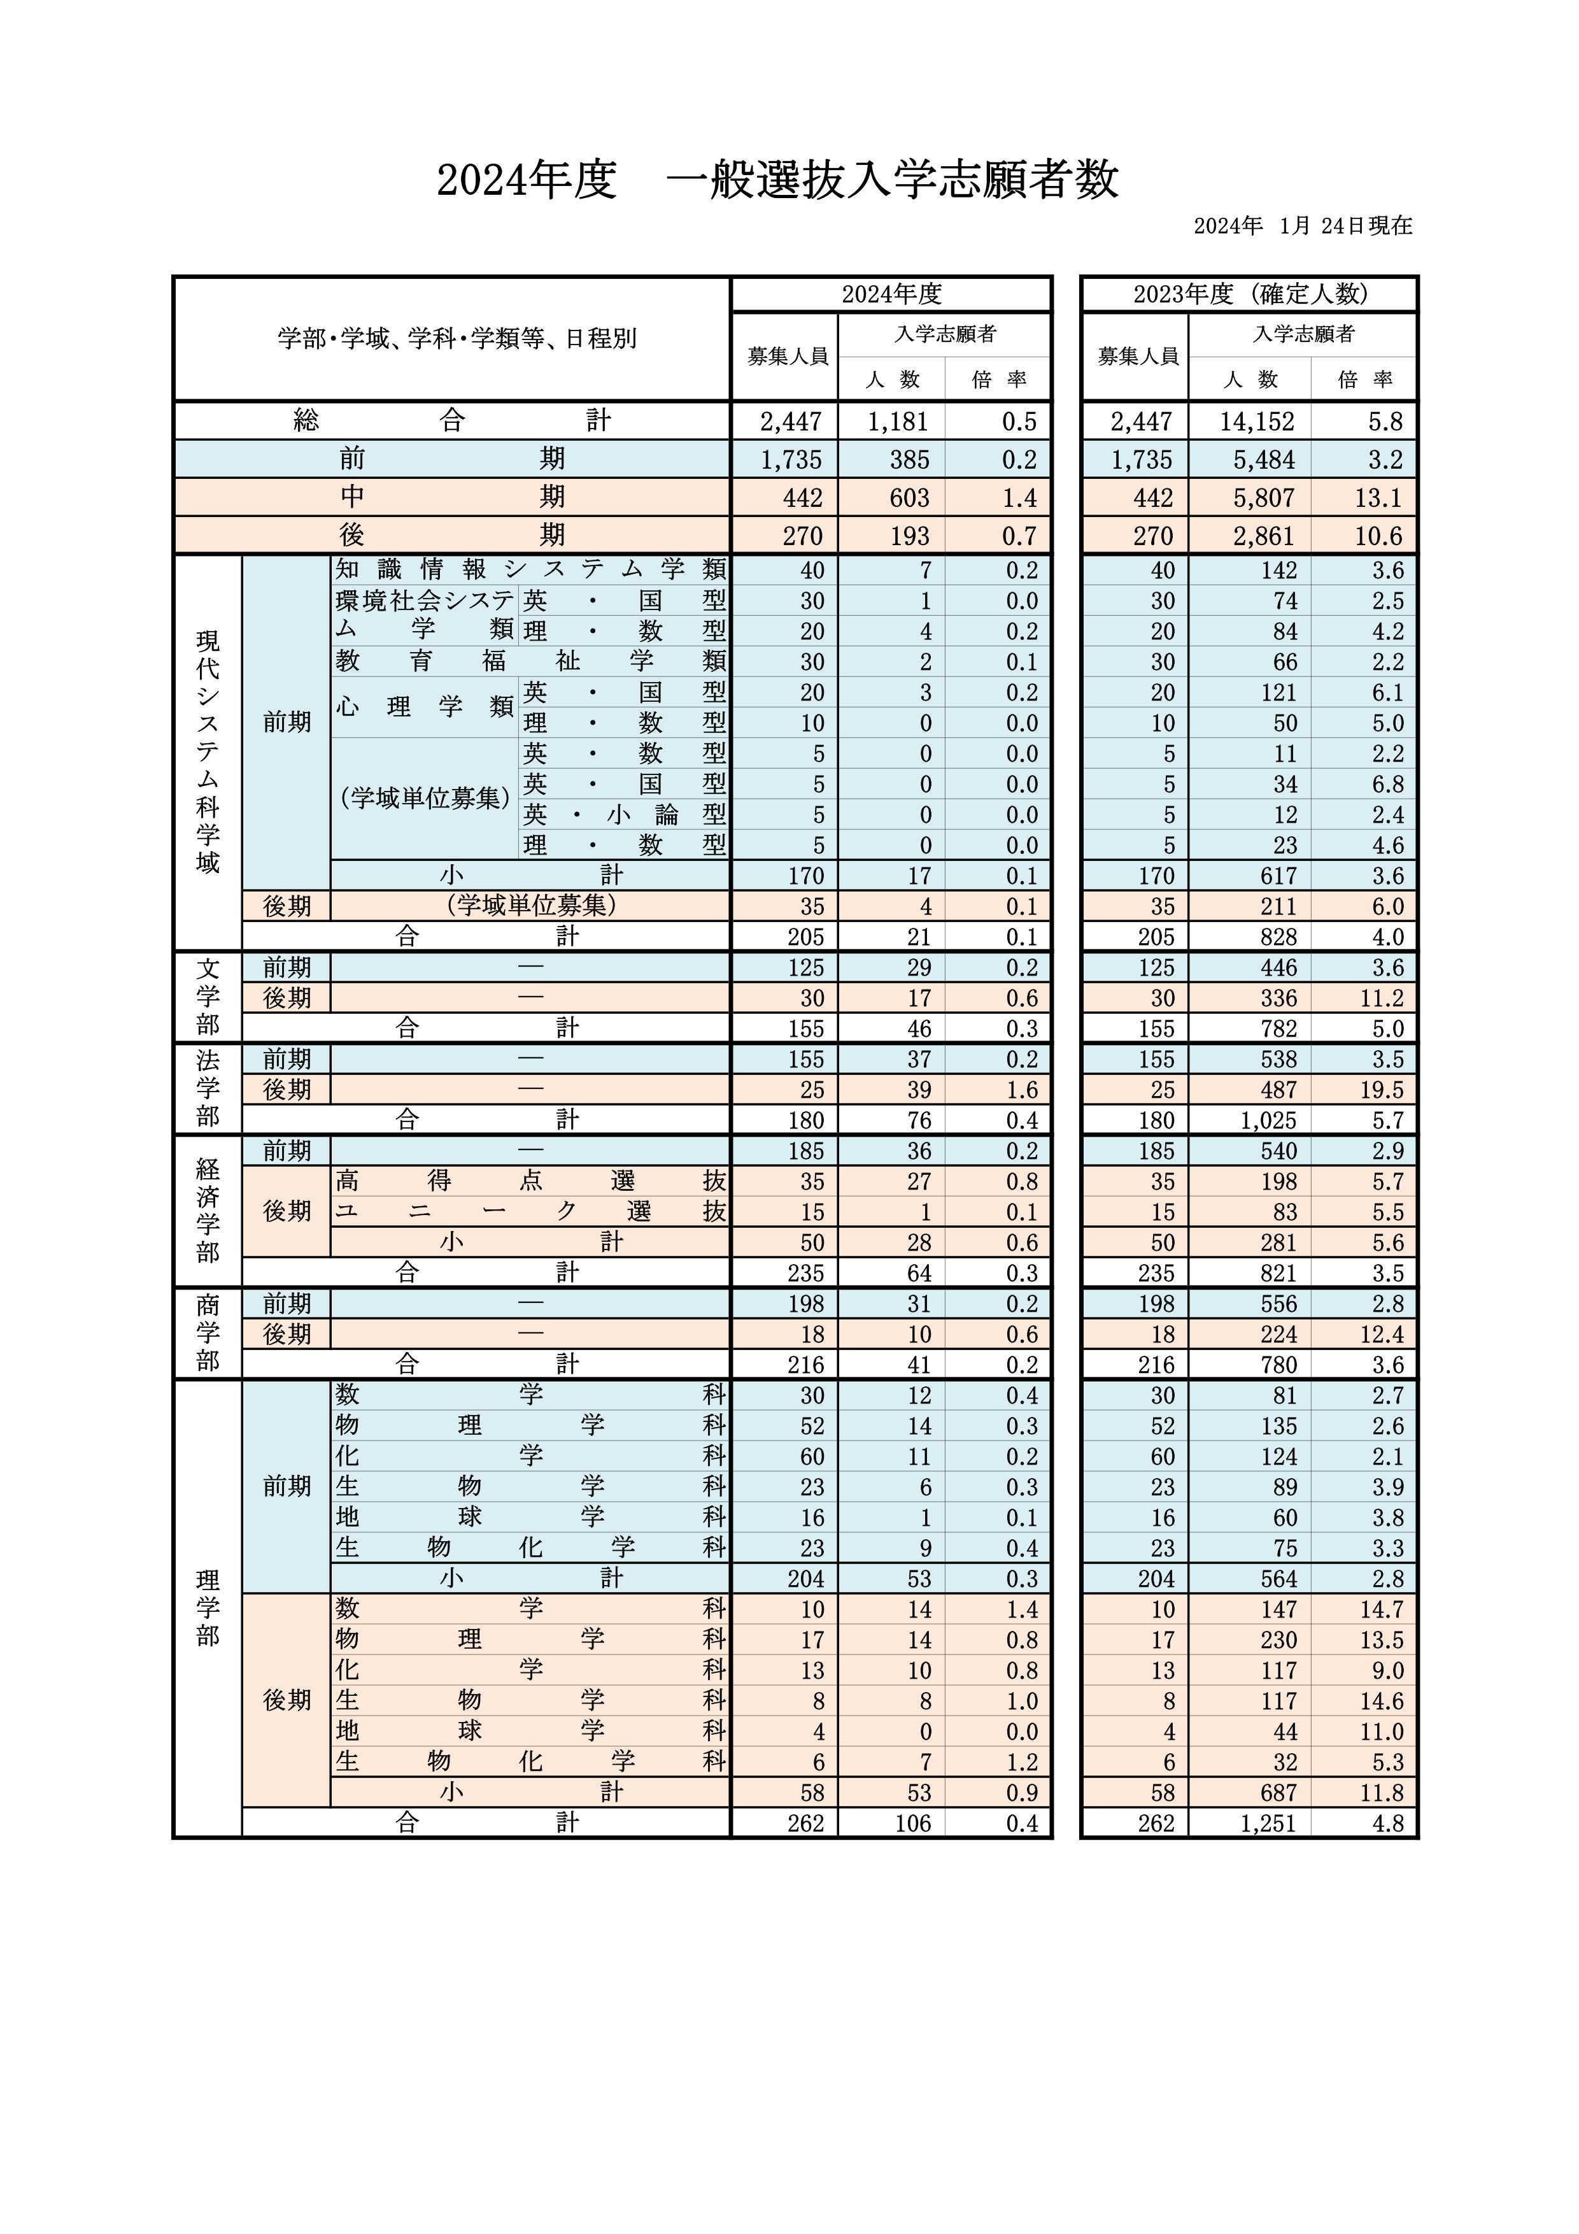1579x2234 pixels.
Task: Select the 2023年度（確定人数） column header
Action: point(1250,294)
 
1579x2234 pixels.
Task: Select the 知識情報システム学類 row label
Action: point(530,569)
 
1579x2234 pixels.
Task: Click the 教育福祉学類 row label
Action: point(530,662)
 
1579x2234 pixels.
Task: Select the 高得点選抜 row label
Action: point(530,1181)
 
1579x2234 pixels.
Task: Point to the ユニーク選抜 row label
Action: point(530,1211)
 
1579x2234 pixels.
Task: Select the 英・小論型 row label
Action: point(623,815)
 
